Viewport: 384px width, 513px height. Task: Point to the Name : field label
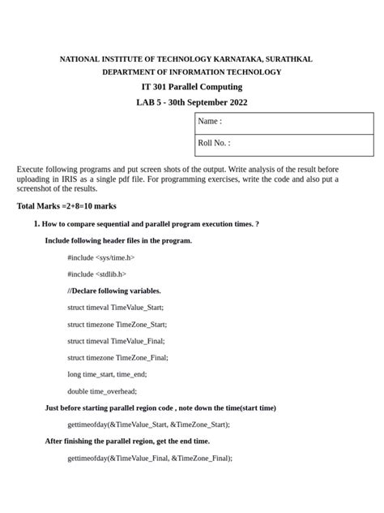click(x=210, y=122)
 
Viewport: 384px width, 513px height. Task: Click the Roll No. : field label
click(x=214, y=144)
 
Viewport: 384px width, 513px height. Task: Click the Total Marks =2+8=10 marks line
click(x=66, y=206)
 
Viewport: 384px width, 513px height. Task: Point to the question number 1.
click(x=36, y=223)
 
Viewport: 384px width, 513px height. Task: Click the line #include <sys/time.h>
click(x=100, y=257)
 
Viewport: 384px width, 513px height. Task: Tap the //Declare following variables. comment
click(x=114, y=291)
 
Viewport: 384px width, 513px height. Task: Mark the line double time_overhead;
click(x=102, y=391)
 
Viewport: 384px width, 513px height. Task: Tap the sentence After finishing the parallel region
click(x=127, y=441)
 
